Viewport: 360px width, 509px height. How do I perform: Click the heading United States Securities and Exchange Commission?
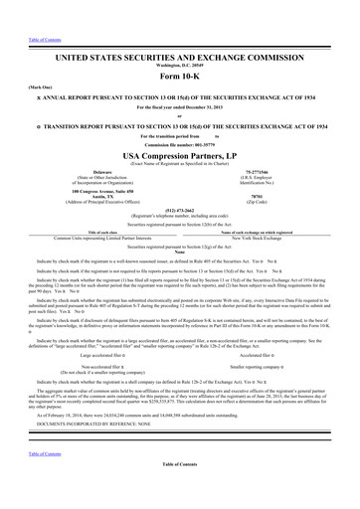coord(180,33)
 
